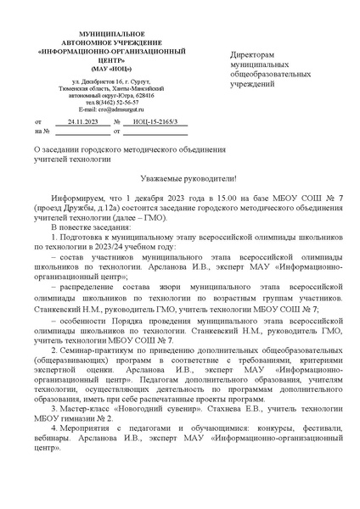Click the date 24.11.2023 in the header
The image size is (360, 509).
pyautogui.click(x=79, y=122)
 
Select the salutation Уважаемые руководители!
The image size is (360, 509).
pyautogui.click(x=180, y=178)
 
